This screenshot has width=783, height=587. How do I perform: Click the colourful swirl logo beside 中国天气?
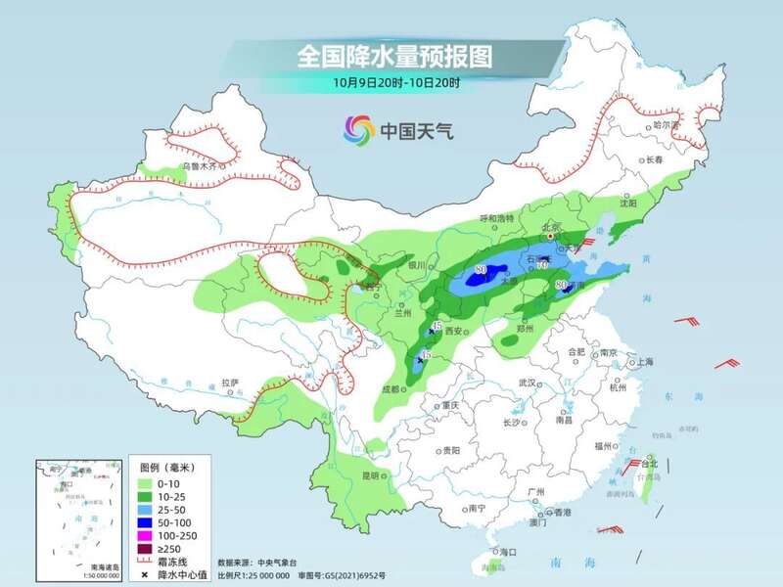tap(358, 128)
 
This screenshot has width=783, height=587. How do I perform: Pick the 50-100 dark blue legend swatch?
tap(143, 523)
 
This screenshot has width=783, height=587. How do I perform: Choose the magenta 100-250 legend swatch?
tap(143, 536)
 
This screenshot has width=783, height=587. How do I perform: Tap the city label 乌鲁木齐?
tap(204, 167)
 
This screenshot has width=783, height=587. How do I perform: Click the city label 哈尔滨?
tap(665, 124)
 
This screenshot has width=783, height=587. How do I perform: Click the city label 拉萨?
tap(229, 383)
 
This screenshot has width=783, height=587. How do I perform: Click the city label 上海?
tap(644, 361)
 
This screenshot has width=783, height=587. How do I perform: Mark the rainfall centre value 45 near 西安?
tap(437, 326)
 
